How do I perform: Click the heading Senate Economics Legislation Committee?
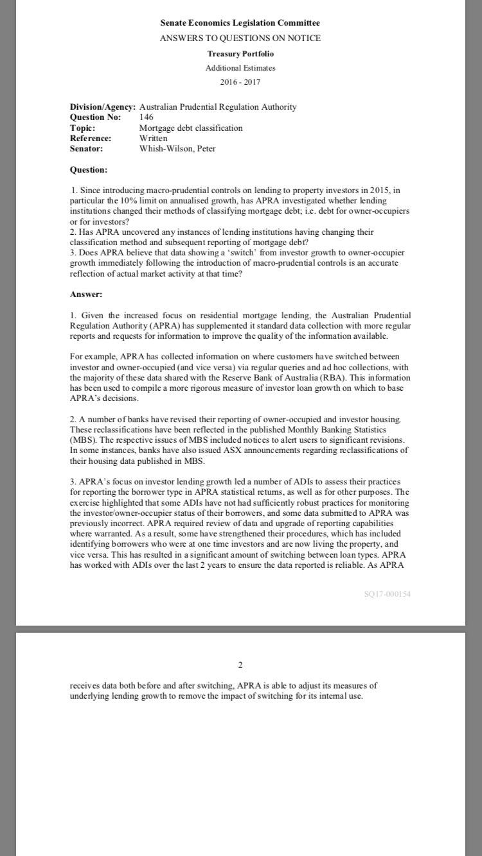240,23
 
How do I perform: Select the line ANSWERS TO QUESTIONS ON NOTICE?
240,38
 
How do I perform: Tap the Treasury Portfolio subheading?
240,53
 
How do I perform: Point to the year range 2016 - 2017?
240,82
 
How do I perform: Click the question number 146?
146,117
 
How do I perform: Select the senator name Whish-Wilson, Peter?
177,149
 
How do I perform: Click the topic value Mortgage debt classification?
191,128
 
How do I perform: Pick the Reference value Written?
153,138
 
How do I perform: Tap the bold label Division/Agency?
102,107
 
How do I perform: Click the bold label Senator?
86,149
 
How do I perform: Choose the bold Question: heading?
88,170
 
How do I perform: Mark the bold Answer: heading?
85,295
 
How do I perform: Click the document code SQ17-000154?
387,594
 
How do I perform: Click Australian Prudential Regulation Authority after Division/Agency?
218,107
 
